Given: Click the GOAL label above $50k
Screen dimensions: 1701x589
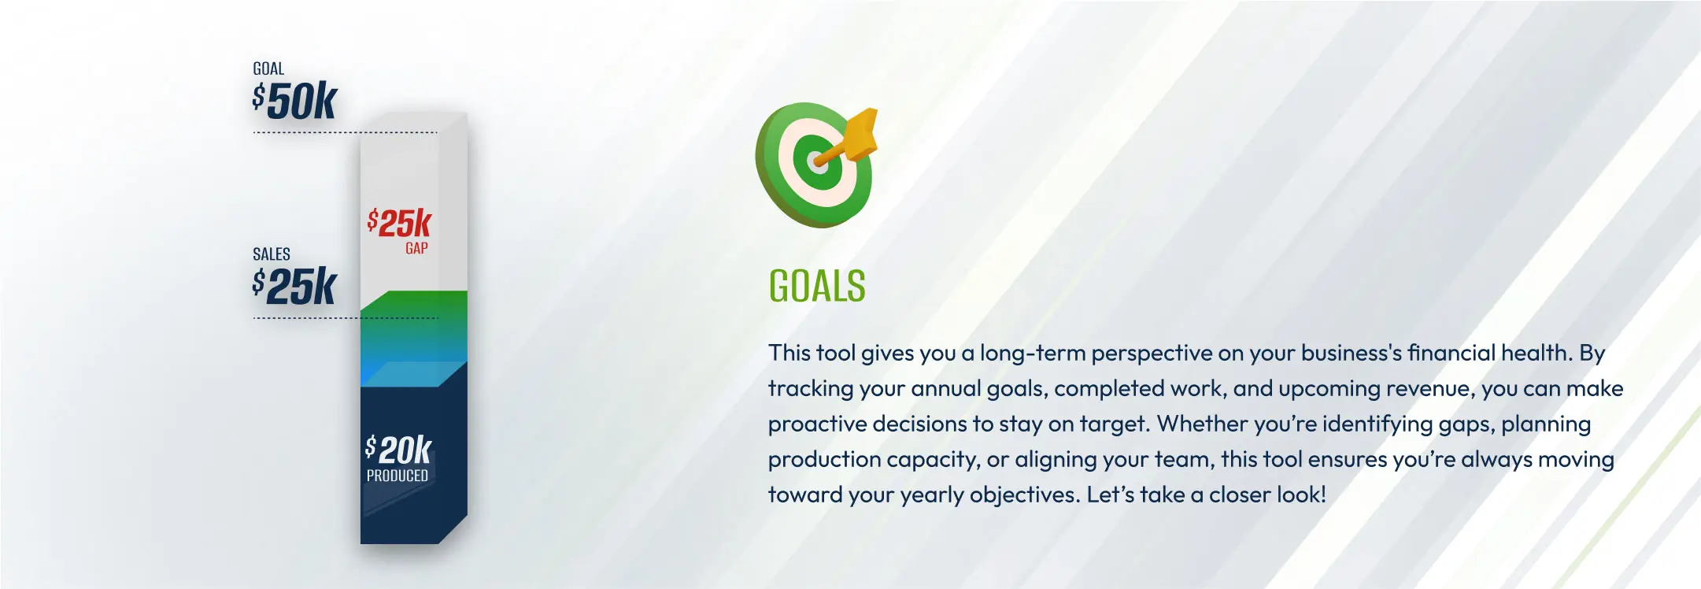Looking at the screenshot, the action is [268, 69].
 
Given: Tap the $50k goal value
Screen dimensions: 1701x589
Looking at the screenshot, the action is [295, 102].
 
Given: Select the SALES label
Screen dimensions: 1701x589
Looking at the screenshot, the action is [272, 254].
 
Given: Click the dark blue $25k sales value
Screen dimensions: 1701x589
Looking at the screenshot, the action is [295, 287].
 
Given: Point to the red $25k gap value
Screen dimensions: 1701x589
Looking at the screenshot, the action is [400, 223].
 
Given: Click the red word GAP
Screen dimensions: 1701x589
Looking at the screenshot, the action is [417, 249].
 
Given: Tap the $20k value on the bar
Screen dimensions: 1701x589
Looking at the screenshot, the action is [399, 450].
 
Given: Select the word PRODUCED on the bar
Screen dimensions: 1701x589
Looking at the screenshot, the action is [398, 476].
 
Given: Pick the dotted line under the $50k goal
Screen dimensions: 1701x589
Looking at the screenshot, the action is [345, 132].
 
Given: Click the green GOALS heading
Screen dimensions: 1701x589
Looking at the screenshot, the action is [817, 286].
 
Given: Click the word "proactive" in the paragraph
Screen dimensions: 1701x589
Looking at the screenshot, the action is [816, 424].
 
